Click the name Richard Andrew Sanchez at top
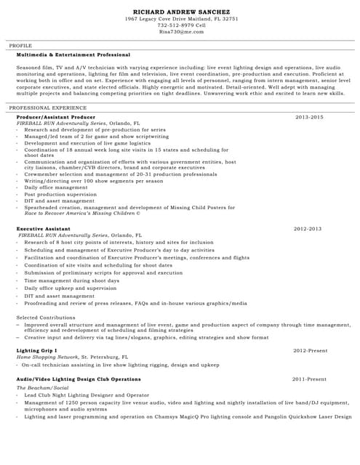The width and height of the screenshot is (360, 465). pyautogui.click(x=182, y=12)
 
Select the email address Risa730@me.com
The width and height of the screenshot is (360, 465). pyautogui.click(x=182, y=32)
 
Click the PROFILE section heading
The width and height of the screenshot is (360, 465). pyautogui.click(x=20, y=46)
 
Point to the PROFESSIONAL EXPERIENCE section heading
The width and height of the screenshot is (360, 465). pyautogui.click(x=47, y=108)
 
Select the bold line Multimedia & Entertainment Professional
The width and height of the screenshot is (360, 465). pyautogui.click(x=73, y=55)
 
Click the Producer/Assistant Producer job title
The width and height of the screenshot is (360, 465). pyautogui.click(x=56, y=117)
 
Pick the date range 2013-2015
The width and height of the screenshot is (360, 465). pyautogui.click(x=309, y=117)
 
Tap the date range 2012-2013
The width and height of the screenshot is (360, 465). pyautogui.click(x=307, y=229)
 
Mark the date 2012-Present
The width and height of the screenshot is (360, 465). pyautogui.click(x=310, y=350)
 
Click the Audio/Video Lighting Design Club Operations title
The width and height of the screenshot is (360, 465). pyautogui.click(x=79, y=379)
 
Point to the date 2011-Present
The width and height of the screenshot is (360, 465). pyautogui.click(x=309, y=379)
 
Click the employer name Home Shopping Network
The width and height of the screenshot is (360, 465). pyautogui.click(x=47, y=357)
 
